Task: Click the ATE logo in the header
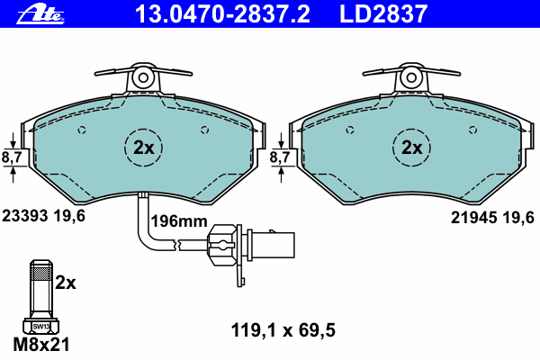(40, 14)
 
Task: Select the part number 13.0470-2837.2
(223, 14)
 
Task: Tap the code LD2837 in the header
(383, 14)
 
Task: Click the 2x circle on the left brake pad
(143, 148)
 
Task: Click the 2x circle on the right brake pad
(411, 148)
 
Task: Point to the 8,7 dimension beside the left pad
(12, 157)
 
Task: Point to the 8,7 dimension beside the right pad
(280, 157)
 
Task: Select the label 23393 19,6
(43, 216)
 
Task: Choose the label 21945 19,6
(492, 218)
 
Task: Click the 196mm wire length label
(179, 220)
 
